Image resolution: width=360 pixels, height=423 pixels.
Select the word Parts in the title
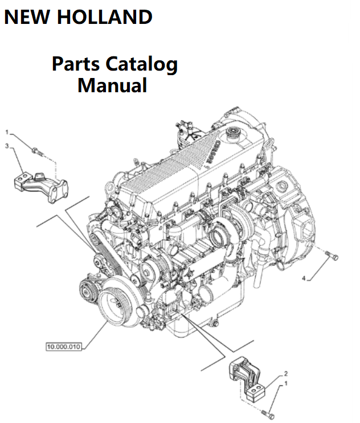click(73, 64)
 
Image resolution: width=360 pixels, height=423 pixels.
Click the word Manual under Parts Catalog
click(112, 85)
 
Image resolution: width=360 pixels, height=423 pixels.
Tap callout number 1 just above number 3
click(6, 132)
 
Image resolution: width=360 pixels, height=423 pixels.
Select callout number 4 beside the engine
click(304, 277)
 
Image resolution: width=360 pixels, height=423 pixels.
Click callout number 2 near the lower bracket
click(285, 373)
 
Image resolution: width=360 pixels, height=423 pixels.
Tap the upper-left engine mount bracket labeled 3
click(40, 185)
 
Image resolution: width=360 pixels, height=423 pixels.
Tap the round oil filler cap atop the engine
click(232, 135)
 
